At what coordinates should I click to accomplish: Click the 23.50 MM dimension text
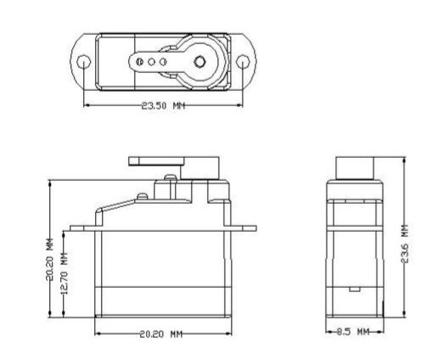(x=163, y=106)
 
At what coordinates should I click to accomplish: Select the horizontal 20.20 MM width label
(x=161, y=335)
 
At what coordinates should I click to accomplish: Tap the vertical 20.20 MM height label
(x=50, y=260)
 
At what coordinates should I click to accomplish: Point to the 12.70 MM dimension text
(x=65, y=273)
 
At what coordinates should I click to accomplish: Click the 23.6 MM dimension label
(x=405, y=244)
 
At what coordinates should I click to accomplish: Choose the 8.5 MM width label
(x=353, y=331)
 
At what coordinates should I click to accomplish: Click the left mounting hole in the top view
(x=84, y=62)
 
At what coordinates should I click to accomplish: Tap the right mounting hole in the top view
(x=243, y=62)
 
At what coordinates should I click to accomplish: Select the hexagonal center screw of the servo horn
(x=200, y=62)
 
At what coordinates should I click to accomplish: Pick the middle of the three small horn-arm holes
(x=151, y=62)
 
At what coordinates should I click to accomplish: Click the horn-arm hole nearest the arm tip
(x=139, y=62)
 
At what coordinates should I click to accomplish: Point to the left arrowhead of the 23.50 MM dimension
(x=87, y=105)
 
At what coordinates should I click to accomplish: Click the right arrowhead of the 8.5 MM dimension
(x=381, y=331)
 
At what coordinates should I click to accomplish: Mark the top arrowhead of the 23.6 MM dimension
(x=404, y=160)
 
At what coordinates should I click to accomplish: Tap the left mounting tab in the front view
(x=82, y=228)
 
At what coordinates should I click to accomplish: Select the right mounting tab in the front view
(x=244, y=228)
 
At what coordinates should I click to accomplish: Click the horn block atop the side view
(x=355, y=168)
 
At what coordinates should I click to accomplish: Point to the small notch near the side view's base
(x=354, y=289)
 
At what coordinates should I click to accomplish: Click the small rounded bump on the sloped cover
(x=142, y=196)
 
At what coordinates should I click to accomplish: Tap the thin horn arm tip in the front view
(x=134, y=161)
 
